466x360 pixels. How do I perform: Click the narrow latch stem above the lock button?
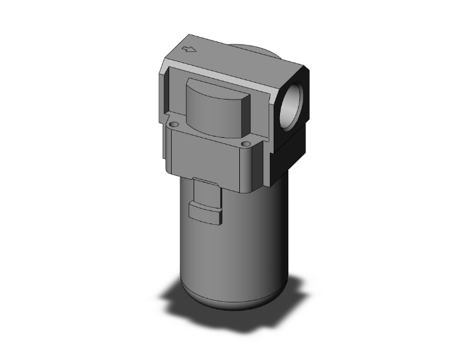(202, 189)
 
